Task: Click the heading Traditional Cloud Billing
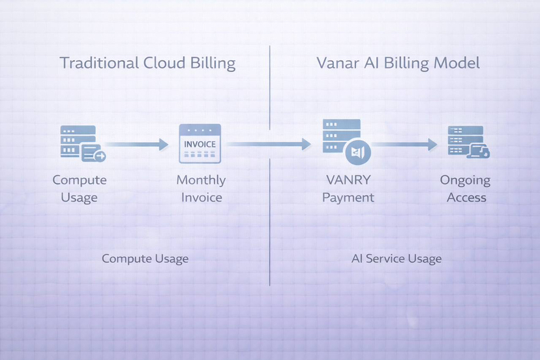147,63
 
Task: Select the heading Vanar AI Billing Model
398,63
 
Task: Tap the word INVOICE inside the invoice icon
200,144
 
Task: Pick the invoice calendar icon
200,143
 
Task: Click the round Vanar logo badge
358,152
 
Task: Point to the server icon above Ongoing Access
468,142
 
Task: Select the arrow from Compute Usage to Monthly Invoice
137,144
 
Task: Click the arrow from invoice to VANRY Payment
269,144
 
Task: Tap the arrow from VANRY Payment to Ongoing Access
404,144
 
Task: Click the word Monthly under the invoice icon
201,180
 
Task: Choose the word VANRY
348,180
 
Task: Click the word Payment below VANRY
348,198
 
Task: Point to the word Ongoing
465,181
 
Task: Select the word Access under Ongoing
466,198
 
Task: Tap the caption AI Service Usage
397,259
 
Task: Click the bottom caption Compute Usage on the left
145,259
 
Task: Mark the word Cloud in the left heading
164,63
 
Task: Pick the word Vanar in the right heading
338,63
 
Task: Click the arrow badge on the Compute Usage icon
100,157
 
